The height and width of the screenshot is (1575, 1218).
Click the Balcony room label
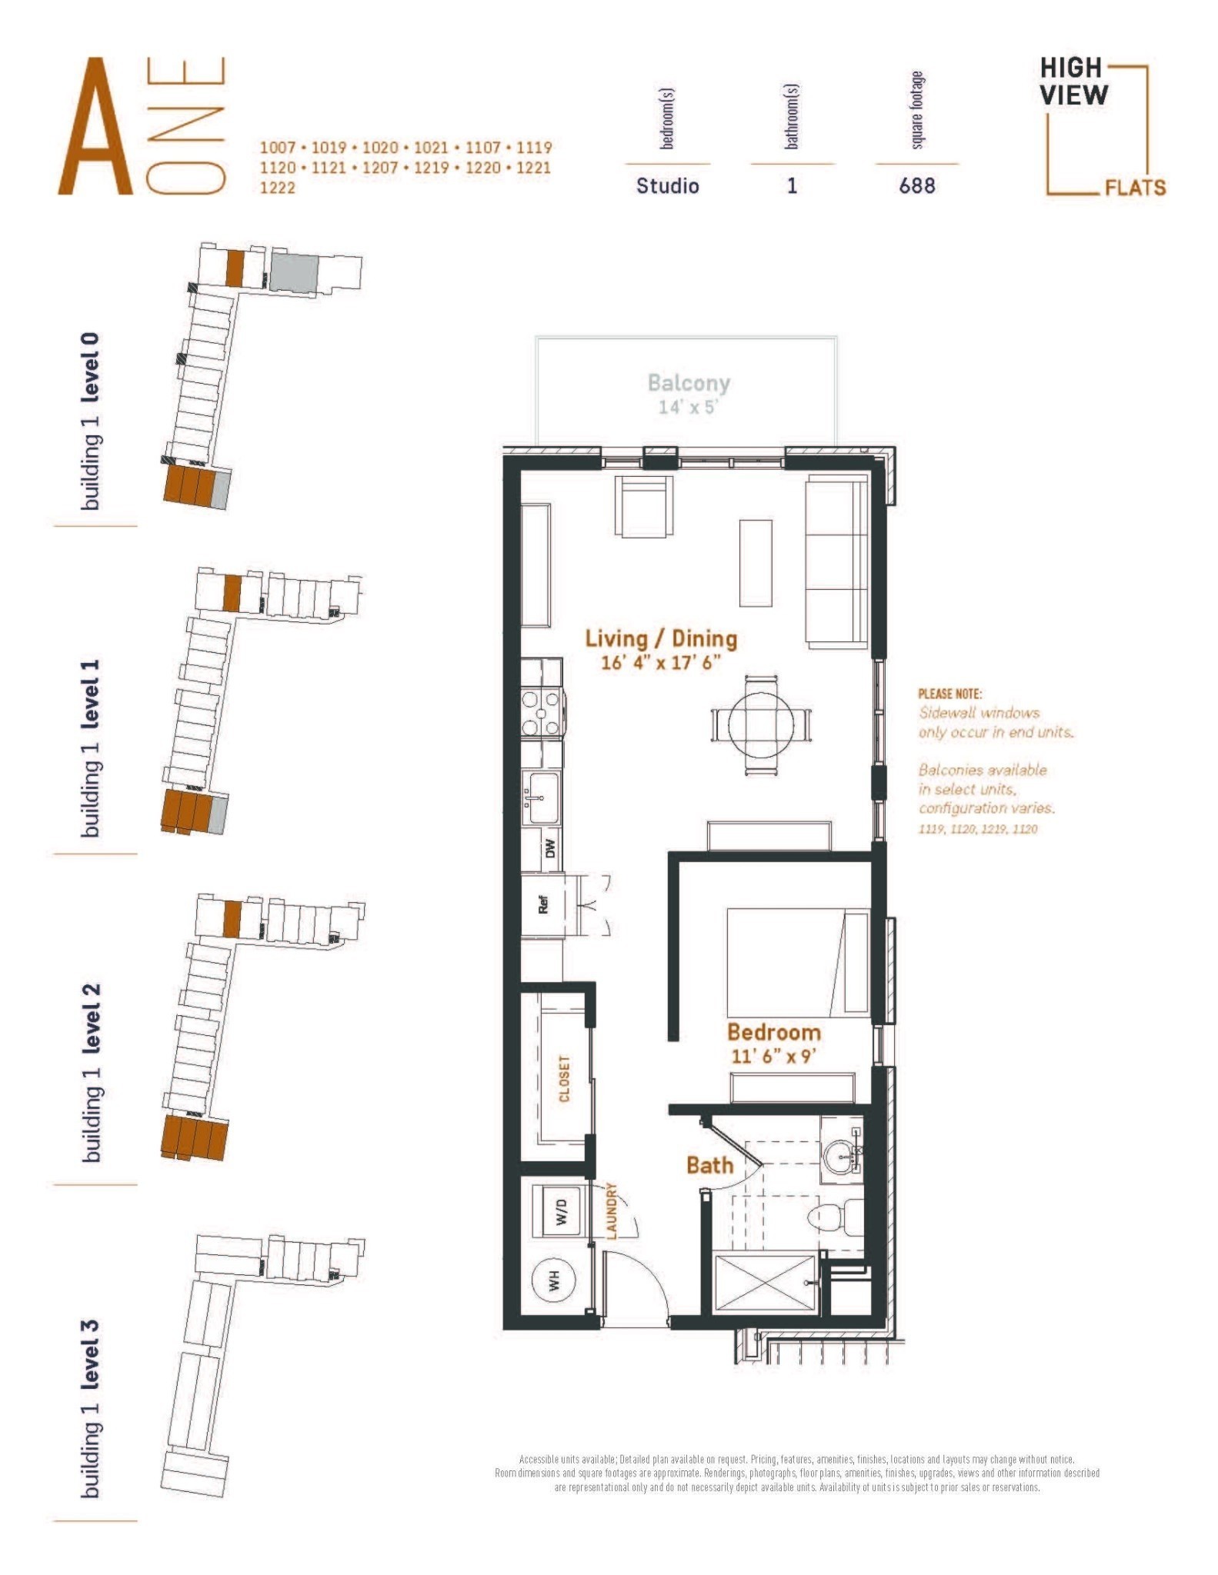689,383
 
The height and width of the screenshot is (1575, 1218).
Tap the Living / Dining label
661,638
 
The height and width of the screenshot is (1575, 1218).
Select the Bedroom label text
774,1032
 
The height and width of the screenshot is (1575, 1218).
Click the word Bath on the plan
709,1165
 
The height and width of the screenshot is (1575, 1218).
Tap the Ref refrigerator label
543,904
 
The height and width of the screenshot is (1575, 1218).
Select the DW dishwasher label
549,848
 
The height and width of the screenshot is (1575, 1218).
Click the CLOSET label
565,1078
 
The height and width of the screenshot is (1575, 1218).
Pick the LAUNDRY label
612,1211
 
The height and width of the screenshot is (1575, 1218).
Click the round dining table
759,725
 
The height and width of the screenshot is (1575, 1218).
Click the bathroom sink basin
839,1157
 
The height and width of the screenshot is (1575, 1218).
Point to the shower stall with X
764,1283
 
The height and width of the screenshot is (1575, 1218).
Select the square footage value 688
917,186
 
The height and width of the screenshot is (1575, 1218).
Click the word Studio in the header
667,186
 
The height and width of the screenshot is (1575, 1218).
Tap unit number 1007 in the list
277,148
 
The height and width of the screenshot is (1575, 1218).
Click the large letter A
94,127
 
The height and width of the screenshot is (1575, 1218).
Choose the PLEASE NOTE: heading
949,694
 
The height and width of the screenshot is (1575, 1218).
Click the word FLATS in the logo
1135,188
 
